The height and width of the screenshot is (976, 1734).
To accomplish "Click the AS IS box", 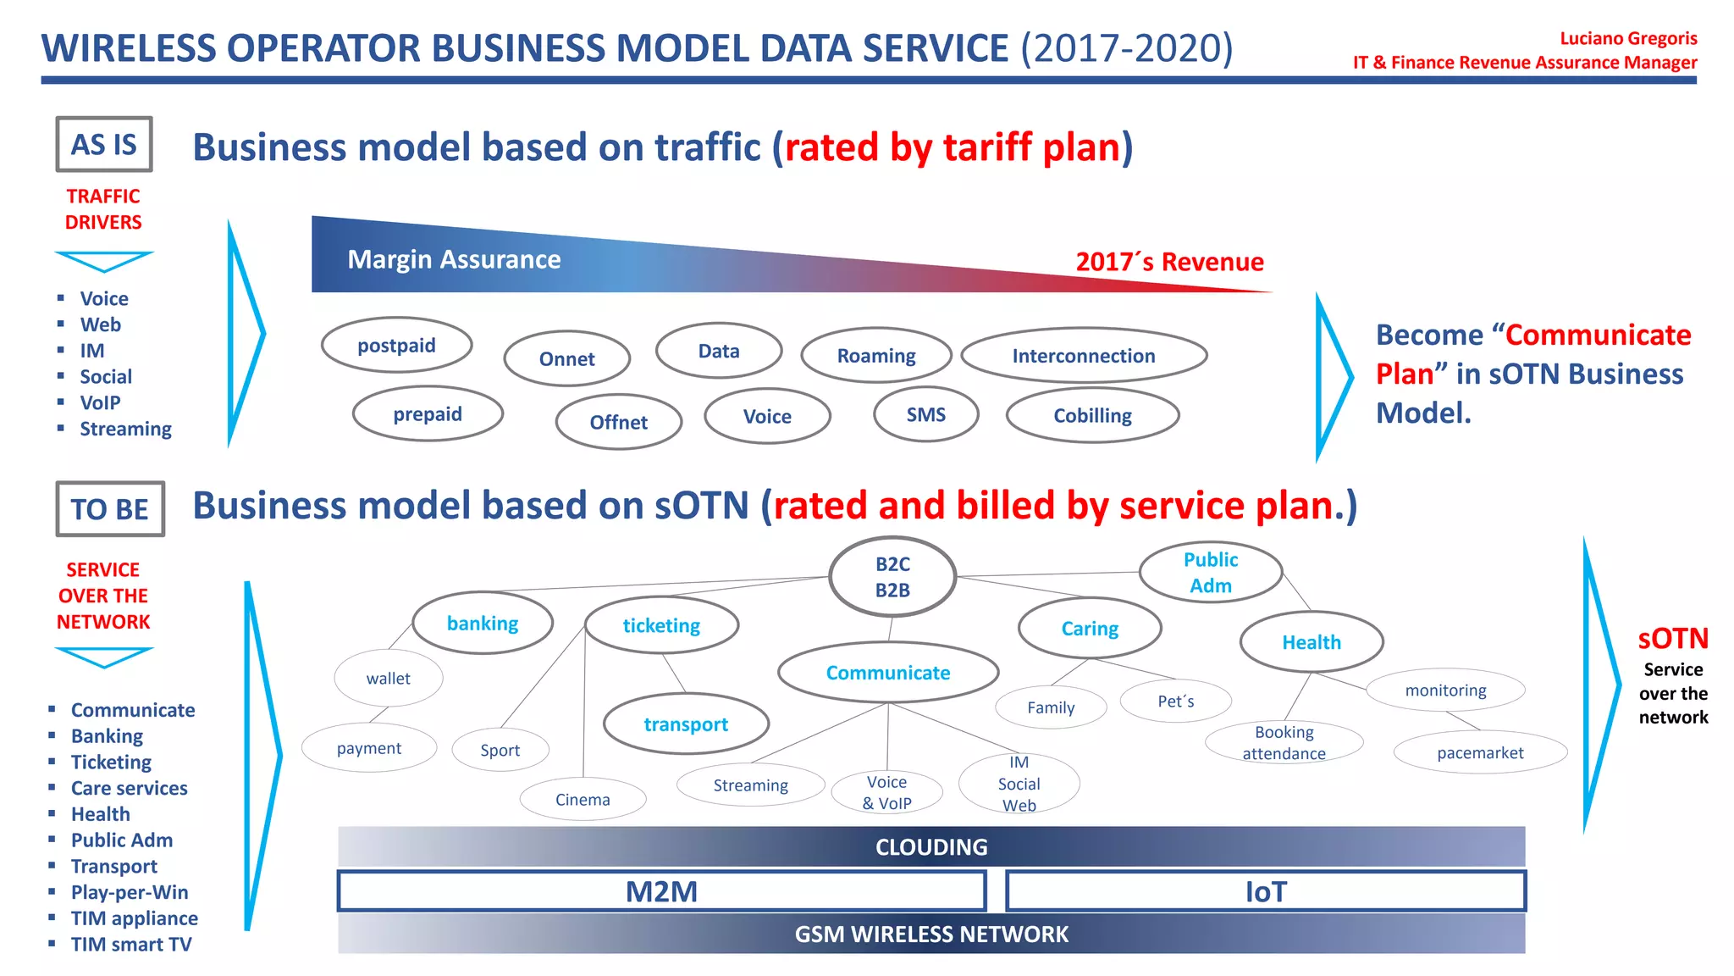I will [104, 145].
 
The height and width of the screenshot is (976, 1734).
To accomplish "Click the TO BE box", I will [110, 509].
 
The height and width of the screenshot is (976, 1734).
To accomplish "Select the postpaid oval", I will [396, 346].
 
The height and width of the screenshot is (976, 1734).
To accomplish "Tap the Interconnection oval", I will [1083, 356].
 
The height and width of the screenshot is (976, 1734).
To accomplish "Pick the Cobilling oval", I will [1092, 416].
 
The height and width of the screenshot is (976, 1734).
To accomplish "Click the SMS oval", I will [925, 414].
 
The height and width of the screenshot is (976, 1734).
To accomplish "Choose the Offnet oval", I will [618, 422].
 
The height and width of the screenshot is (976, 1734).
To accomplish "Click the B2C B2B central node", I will [892, 577].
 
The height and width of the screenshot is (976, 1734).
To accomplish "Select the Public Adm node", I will [1210, 573].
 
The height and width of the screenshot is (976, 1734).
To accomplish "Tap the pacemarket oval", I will [1479, 752].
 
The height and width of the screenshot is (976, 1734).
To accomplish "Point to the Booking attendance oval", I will [1284, 743].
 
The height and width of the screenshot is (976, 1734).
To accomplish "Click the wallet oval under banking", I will [388, 679].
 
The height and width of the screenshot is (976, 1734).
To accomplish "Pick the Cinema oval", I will [583, 800].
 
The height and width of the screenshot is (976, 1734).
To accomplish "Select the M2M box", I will [661, 891].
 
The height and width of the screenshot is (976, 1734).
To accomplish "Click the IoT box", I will [1265, 891].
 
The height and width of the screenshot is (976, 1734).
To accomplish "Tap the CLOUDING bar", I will [931, 846].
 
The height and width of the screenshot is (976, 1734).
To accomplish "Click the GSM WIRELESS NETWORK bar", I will [931, 934].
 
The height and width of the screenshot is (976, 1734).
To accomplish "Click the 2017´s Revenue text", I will [1169, 262].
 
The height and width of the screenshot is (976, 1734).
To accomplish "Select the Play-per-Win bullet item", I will [130, 892].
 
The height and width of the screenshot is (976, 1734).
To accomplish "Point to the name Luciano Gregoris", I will [1627, 38].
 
